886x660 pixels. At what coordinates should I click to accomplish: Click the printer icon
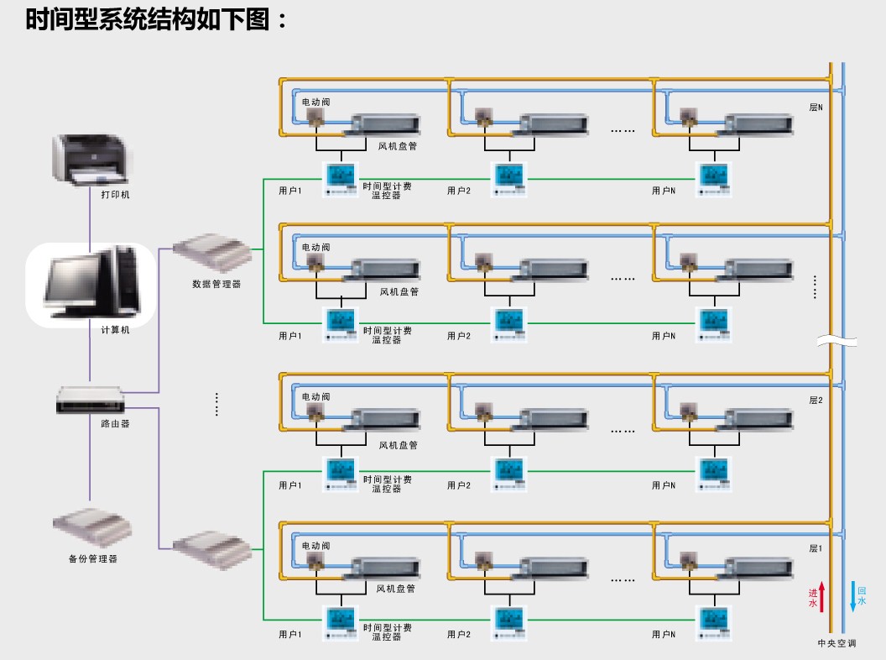(91, 160)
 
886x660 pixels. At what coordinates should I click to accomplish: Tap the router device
(90, 401)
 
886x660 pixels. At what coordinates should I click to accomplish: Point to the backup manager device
(92, 530)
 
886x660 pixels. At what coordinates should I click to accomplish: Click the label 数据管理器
(216, 284)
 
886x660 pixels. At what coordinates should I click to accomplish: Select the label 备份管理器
(92, 558)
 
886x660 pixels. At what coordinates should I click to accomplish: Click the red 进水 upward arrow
(822, 598)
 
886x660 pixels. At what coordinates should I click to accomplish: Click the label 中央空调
(836, 644)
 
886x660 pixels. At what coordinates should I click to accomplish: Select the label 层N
(816, 107)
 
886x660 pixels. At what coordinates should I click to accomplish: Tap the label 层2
(816, 401)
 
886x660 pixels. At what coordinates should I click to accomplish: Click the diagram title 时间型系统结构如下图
(157, 19)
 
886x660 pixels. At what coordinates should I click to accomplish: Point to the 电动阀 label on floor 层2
(316, 395)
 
